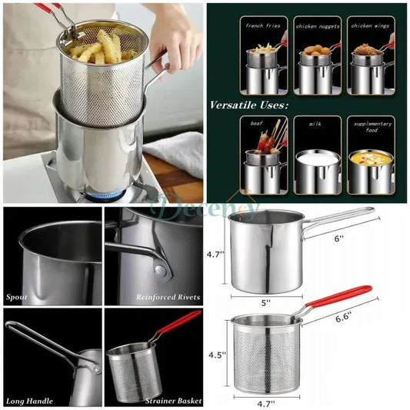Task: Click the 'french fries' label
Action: click(x=263, y=25)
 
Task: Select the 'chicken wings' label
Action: click(x=370, y=25)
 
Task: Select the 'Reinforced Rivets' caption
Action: click(x=168, y=296)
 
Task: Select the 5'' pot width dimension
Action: click(x=266, y=303)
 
